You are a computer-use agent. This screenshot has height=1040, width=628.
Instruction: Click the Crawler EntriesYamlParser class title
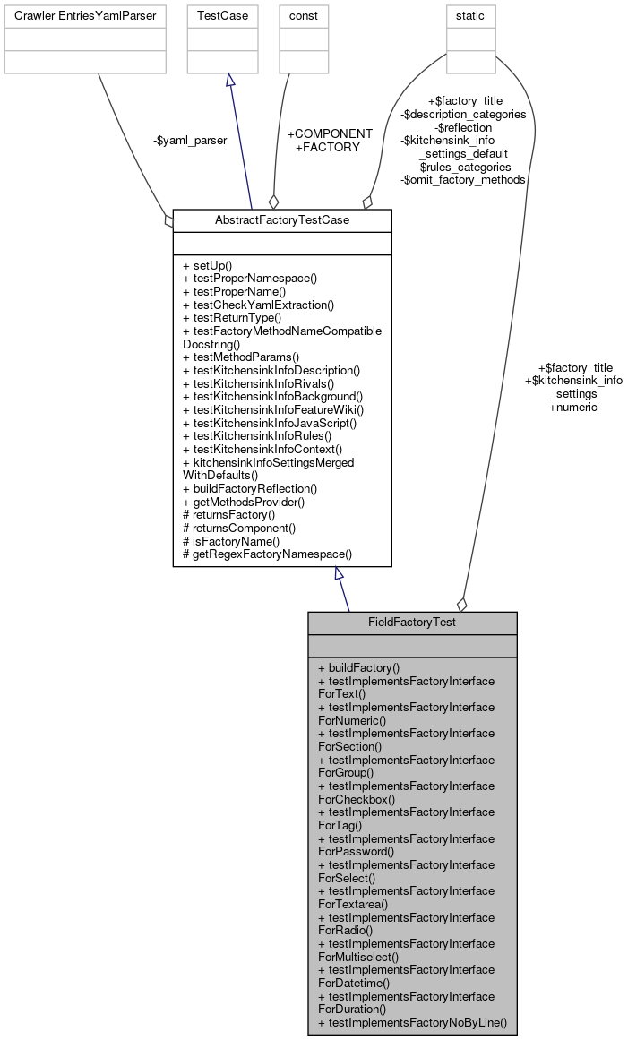[x=85, y=16]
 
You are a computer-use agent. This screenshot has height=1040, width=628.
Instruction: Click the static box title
[x=471, y=16]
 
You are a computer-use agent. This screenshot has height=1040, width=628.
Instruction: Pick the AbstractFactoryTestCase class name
[x=282, y=220]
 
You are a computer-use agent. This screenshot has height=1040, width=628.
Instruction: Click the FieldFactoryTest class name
[x=412, y=623]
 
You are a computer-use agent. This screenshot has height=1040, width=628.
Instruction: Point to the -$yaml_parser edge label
[x=190, y=140]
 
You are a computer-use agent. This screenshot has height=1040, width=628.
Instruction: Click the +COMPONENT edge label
[x=330, y=133]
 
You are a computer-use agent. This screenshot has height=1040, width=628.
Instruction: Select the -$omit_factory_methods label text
[x=463, y=179]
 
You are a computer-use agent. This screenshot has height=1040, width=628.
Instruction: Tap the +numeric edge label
[x=573, y=407]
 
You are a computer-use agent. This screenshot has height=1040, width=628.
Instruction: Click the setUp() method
[x=207, y=266]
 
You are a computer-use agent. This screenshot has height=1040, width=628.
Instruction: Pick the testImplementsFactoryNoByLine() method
[x=412, y=1022]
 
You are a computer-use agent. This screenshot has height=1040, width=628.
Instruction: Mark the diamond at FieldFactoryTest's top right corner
[x=462, y=606]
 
